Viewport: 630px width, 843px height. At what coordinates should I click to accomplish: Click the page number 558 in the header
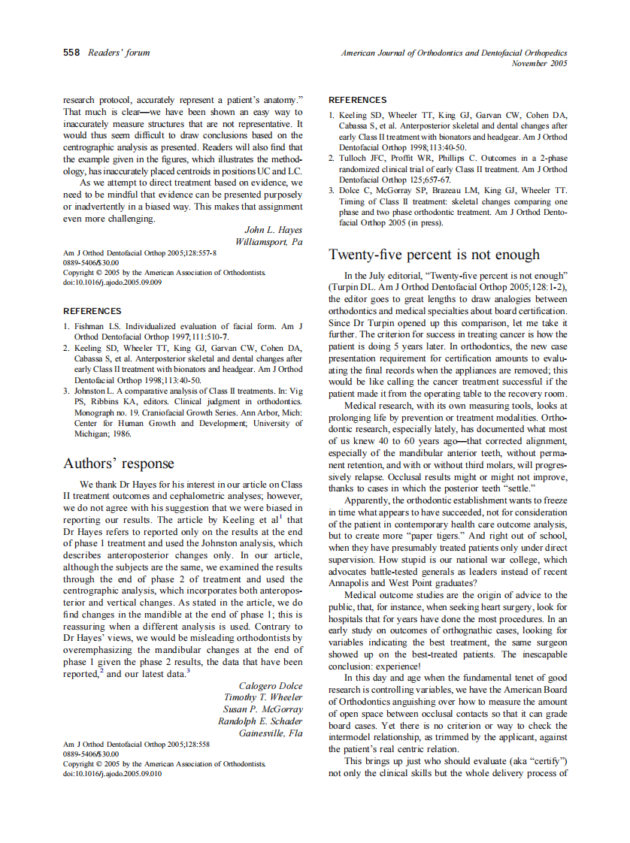click(x=71, y=53)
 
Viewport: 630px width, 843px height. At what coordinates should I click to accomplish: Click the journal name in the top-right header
click(x=454, y=53)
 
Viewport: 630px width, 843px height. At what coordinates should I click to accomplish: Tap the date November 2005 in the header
click(x=539, y=64)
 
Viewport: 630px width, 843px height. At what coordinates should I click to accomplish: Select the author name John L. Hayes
click(x=274, y=230)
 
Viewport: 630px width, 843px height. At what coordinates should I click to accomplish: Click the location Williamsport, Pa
click(x=269, y=242)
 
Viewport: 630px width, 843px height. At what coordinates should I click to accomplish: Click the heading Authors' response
click(x=118, y=464)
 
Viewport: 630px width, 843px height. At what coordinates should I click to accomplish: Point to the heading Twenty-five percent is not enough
click(x=434, y=255)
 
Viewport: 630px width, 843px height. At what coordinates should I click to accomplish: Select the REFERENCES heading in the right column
click(x=358, y=100)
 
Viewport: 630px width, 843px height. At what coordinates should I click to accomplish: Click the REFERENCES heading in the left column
click(x=92, y=311)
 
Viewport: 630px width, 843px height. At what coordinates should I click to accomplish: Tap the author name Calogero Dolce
click(x=271, y=686)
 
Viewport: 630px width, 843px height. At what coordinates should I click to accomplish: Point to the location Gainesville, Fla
click(x=271, y=733)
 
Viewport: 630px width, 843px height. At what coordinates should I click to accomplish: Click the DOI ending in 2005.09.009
click(x=112, y=283)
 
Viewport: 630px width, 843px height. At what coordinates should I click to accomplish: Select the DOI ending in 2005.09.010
click(x=112, y=774)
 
